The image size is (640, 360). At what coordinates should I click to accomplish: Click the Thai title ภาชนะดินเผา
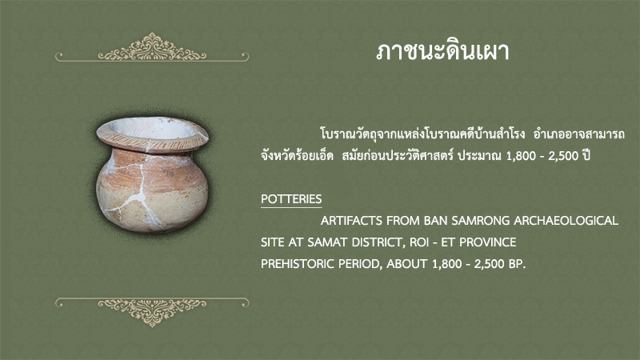tap(442, 52)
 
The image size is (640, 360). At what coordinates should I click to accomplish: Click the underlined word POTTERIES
tap(291, 198)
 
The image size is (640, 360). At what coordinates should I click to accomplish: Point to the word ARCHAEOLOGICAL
tap(566, 221)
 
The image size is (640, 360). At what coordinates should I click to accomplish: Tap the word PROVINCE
tap(488, 242)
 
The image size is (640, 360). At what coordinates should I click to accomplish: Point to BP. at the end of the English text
tap(517, 264)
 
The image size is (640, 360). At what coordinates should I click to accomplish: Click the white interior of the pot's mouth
tap(155, 129)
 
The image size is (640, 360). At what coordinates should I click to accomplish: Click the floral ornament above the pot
tap(152, 48)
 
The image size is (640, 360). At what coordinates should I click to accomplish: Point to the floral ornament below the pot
tap(152, 311)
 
